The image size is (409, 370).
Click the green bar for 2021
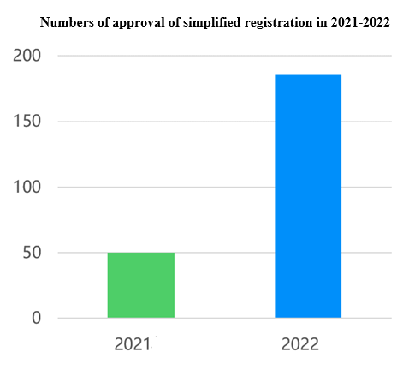(141, 285)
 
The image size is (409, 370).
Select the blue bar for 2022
(308, 196)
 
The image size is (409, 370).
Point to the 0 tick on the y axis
(37, 319)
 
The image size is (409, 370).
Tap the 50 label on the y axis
(31, 253)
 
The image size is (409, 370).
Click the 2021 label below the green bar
(133, 344)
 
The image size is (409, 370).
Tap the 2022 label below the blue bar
(299, 344)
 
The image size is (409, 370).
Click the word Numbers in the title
(65, 22)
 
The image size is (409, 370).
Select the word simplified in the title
(208, 22)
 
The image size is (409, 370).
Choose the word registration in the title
(276, 22)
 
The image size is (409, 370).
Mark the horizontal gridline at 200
(222, 56)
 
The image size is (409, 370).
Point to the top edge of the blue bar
(308, 75)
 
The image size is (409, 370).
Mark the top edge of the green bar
(141, 253)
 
